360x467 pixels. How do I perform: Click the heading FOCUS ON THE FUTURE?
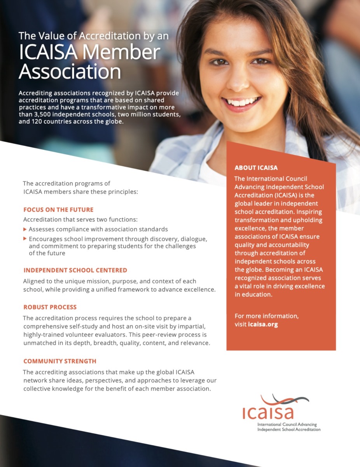click(58, 209)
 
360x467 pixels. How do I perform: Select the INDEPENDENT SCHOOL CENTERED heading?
click(75, 270)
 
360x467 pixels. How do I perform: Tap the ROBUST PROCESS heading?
click(50, 307)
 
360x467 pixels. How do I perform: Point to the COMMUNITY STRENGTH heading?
click(59, 361)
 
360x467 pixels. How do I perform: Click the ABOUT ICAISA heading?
click(256, 168)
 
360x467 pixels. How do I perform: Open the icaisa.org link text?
click(263, 324)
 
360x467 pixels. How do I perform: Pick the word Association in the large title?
click(70, 72)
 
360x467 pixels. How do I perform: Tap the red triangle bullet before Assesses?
click(25, 229)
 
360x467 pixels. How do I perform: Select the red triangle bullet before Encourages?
click(25, 238)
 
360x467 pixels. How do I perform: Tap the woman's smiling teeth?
click(241, 102)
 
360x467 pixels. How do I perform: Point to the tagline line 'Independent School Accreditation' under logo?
click(289, 429)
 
